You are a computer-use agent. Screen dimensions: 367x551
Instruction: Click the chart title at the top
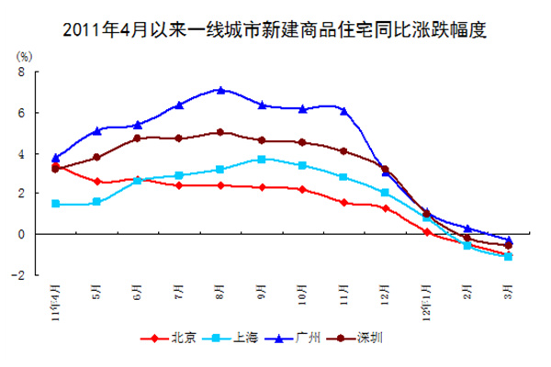[x=275, y=30]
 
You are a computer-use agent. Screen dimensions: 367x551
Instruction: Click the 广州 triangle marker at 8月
[x=220, y=90]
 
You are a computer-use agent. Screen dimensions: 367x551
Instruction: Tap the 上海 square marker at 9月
[x=262, y=159]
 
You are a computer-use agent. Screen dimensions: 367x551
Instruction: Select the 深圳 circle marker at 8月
[x=220, y=132]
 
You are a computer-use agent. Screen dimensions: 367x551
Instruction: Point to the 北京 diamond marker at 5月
[x=96, y=182]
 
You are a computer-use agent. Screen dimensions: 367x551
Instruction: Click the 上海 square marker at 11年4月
[x=56, y=204]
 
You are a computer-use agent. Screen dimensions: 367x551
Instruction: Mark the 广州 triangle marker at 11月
[x=343, y=111]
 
